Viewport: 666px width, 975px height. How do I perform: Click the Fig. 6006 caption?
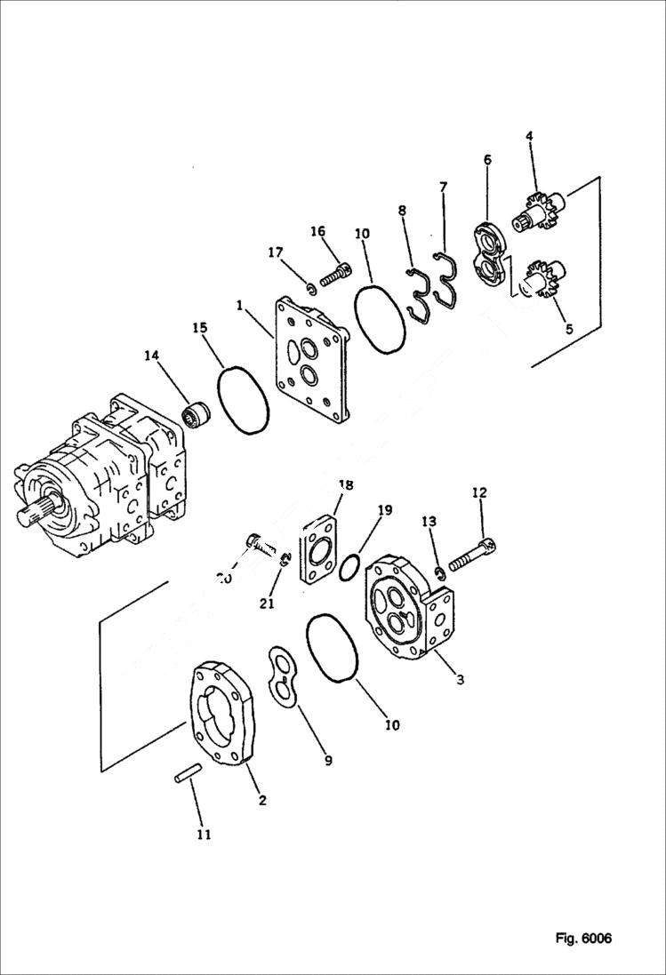(x=583, y=939)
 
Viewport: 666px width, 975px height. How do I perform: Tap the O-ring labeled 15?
(x=243, y=402)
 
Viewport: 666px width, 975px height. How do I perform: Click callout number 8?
(x=402, y=211)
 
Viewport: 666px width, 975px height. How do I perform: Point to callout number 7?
(x=443, y=187)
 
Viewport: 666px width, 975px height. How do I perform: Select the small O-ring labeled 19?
(x=351, y=566)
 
